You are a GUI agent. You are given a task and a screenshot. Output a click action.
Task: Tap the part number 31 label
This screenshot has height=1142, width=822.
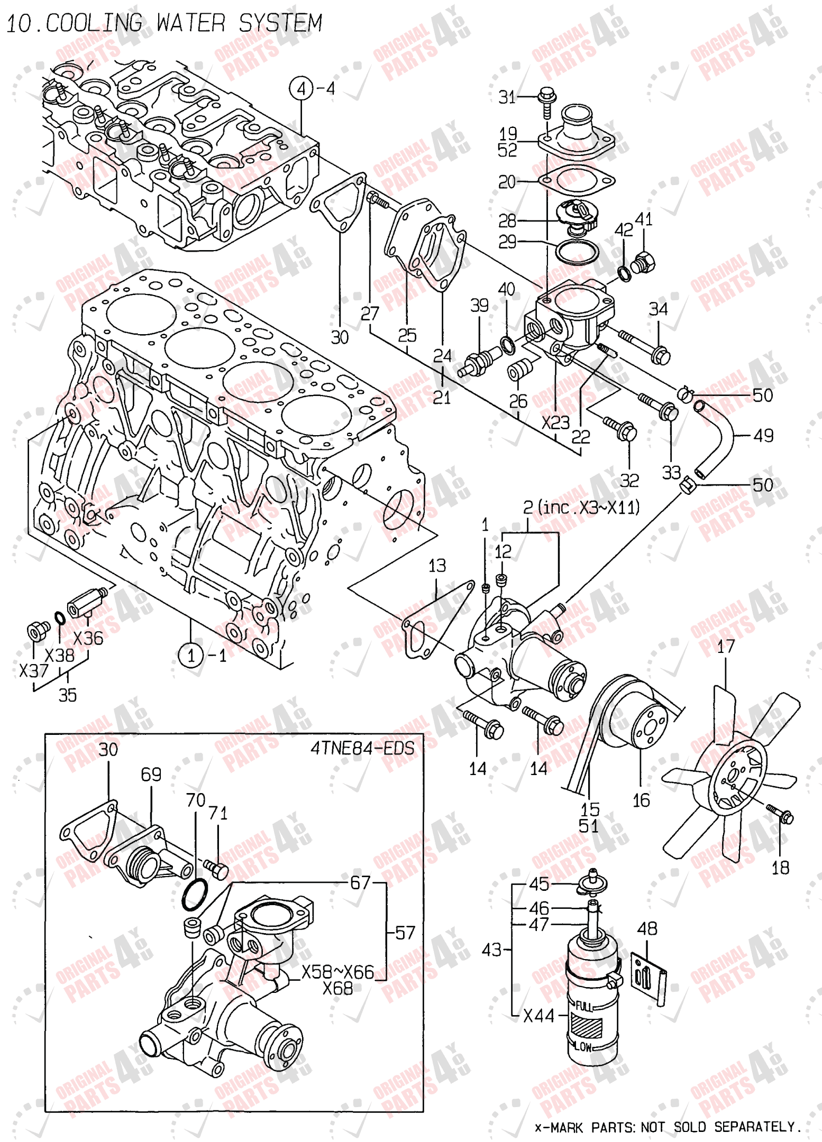click(x=506, y=97)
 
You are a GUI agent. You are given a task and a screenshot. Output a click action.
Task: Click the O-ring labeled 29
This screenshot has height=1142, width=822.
click(x=576, y=252)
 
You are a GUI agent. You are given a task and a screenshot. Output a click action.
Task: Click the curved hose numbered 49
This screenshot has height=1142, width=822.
click(x=719, y=437)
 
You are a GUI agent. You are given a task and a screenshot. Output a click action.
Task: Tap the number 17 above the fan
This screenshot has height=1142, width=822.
click(x=725, y=646)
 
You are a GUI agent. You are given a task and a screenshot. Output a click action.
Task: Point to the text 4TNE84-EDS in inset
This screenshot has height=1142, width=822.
click(x=362, y=748)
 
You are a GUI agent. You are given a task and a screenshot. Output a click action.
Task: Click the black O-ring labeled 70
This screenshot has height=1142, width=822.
click(x=195, y=895)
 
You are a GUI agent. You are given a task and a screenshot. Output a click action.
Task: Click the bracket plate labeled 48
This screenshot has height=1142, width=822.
click(x=646, y=973)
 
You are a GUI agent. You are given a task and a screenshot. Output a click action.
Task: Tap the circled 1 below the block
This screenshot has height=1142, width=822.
click(x=191, y=656)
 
